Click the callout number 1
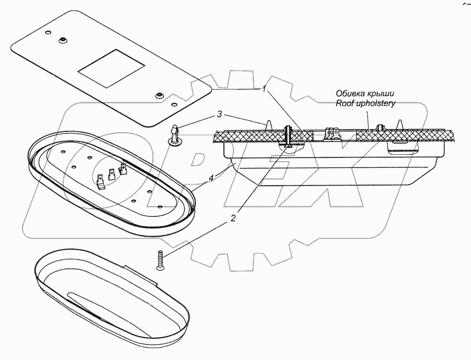click(265, 90)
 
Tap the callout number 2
click(233, 219)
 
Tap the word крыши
click(381, 93)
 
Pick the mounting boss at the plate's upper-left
click(61, 39)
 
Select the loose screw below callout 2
click(161, 259)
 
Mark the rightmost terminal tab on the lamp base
click(124, 170)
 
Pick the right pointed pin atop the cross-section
click(400, 124)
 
